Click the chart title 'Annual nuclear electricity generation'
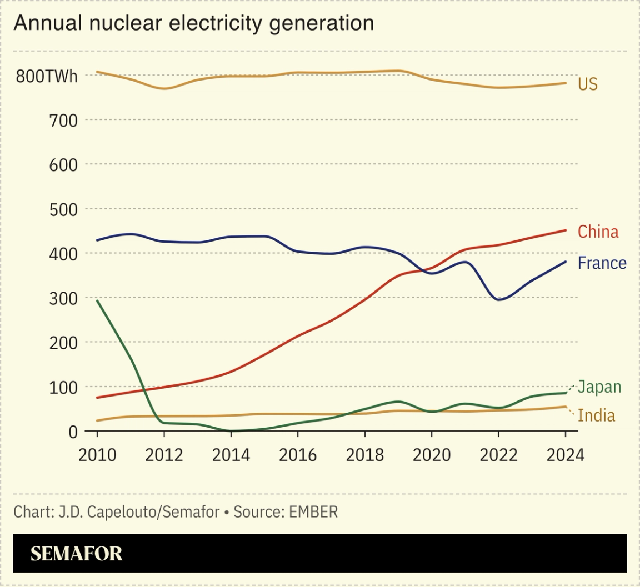click(x=193, y=23)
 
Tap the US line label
click(x=587, y=84)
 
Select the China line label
click(x=598, y=232)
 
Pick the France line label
click(x=602, y=263)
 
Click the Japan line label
click(x=599, y=387)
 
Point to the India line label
click(x=596, y=415)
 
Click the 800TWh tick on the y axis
click(x=47, y=76)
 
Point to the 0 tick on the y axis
click(x=73, y=432)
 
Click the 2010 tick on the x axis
click(x=97, y=455)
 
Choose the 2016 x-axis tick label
click(x=298, y=455)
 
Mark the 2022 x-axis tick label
click(x=498, y=455)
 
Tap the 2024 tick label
click(x=565, y=455)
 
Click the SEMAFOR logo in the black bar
click(x=76, y=554)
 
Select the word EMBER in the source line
click(x=313, y=511)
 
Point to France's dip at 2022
click(x=498, y=299)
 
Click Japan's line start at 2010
click(x=97, y=300)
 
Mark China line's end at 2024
click(x=566, y=230)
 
